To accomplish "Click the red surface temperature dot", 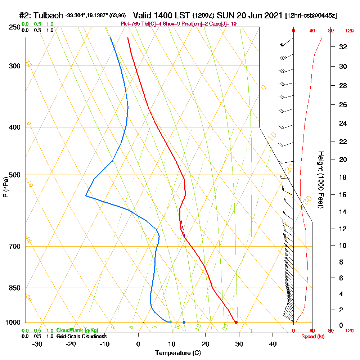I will coord(236,322).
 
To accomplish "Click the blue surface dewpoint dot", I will coord(184,322).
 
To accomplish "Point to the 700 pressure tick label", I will coord(13,247).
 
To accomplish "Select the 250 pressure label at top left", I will coord(13,27).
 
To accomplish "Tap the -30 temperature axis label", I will coord(37,344).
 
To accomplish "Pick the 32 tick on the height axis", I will coord(343,47).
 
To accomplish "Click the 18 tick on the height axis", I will coord(343,177).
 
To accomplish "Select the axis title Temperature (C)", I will coord(178,353).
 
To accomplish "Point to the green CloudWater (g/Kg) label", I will coord(77,330).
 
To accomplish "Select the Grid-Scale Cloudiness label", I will coord(81,336).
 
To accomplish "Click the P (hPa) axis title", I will coord(5,187).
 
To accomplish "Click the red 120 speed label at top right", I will coord(349,31).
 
